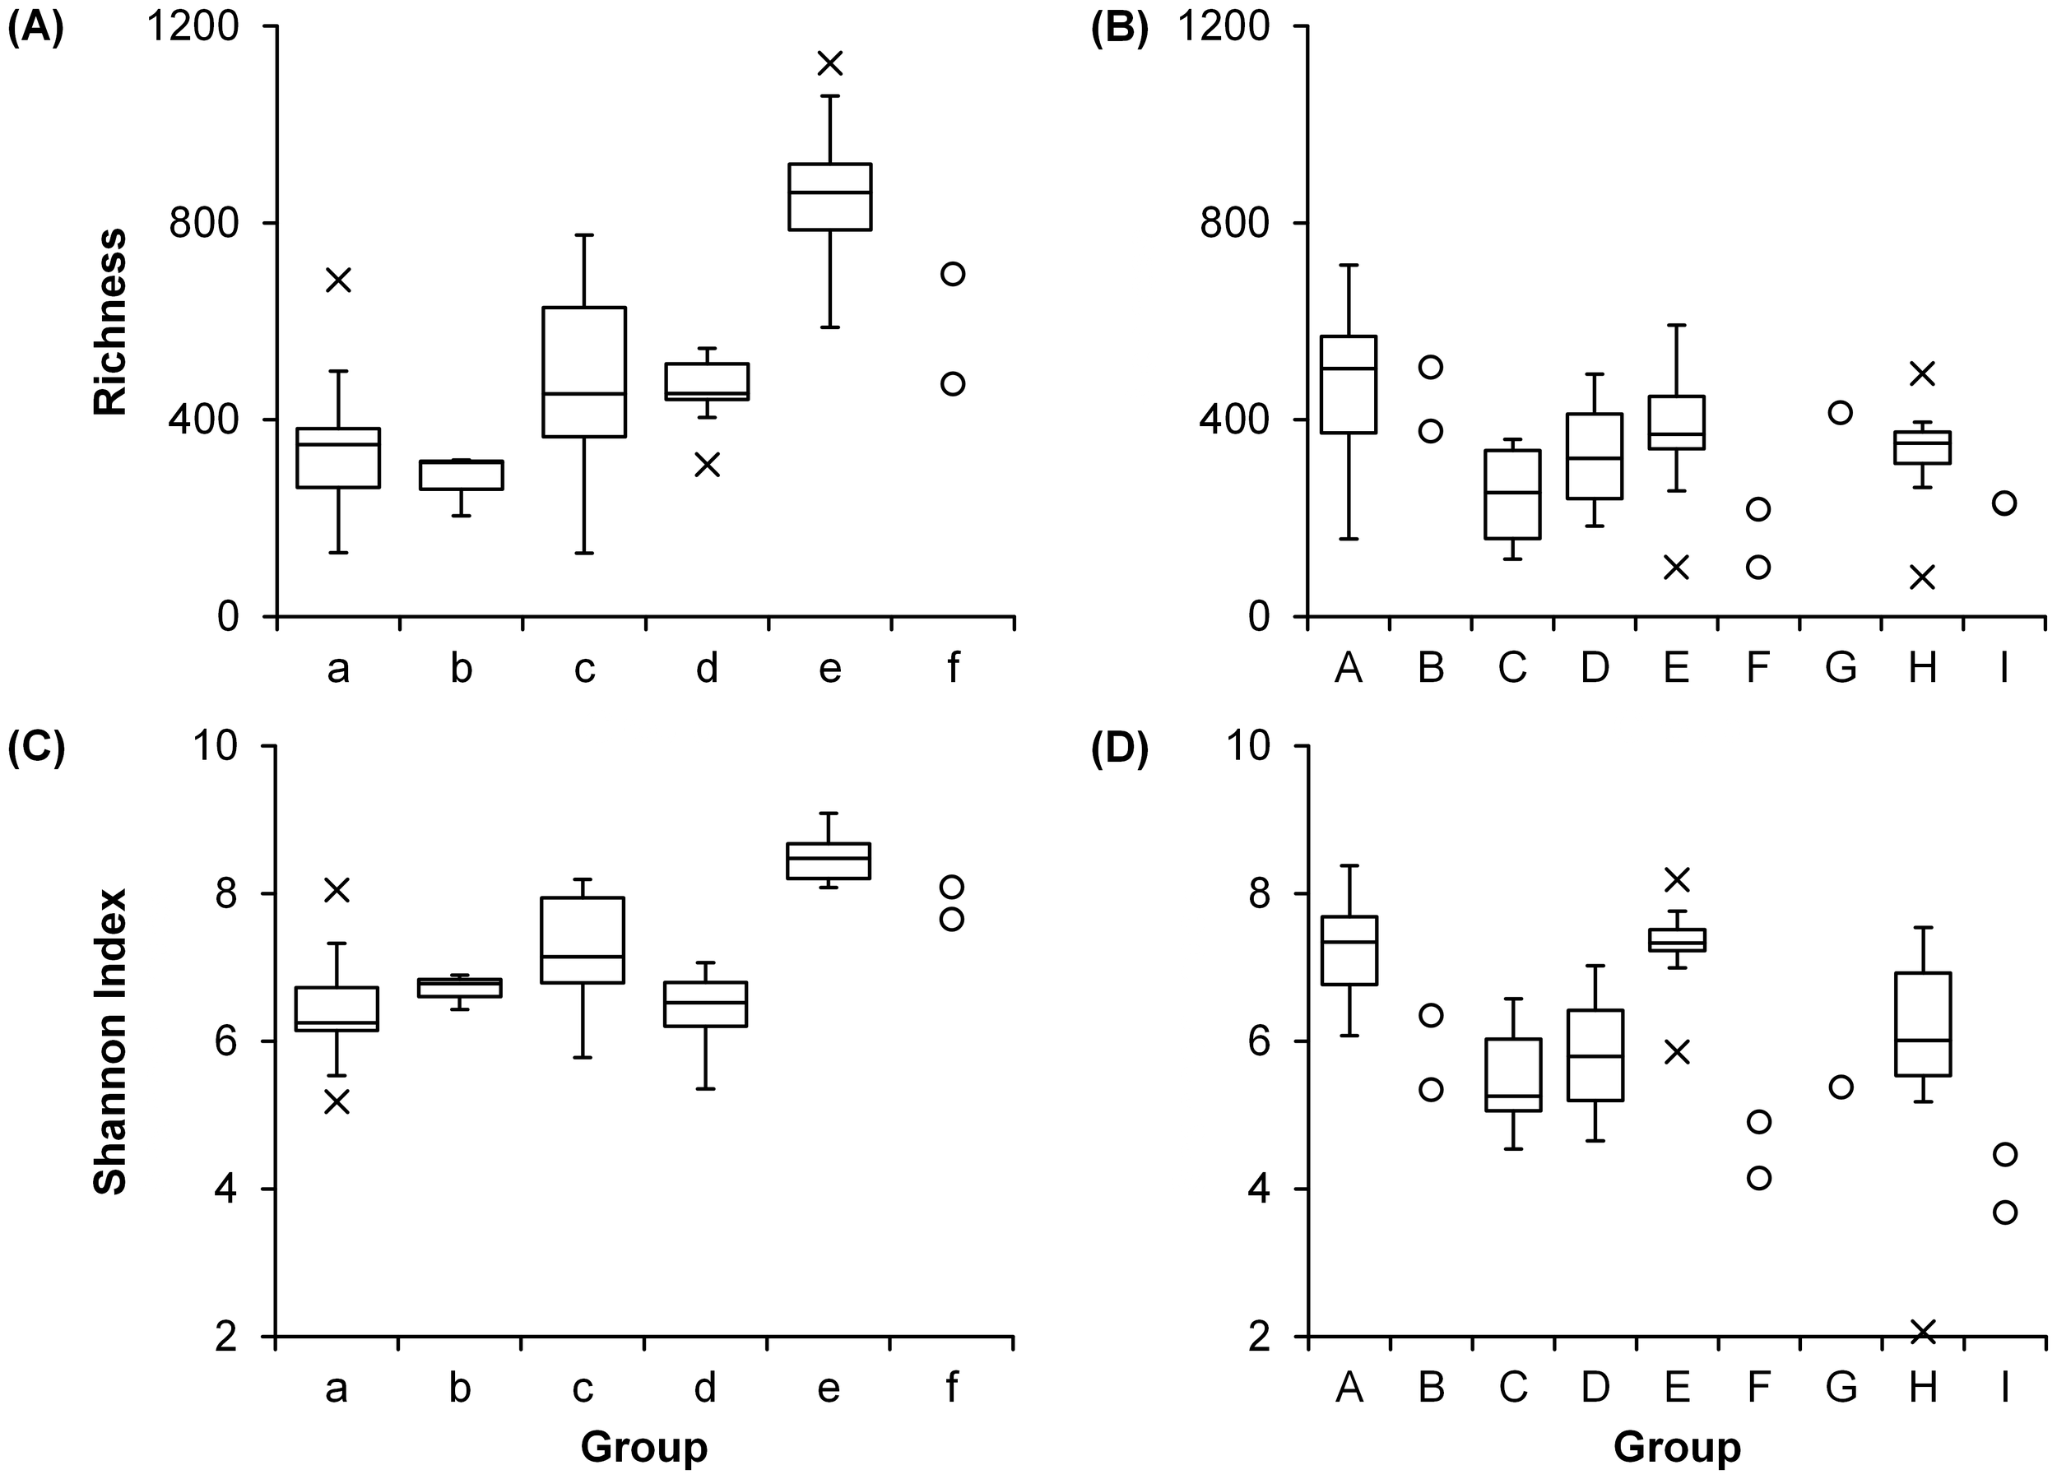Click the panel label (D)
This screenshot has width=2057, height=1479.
tap(1119, 751)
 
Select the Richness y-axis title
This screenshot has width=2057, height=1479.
tap(110, 322)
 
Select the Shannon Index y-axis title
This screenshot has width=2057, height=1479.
tap(110, 1041)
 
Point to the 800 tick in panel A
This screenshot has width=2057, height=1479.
tap(204, 223)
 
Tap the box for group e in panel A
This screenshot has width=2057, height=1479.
tap(829, 197)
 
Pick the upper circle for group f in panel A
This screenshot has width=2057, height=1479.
tap(952, 274)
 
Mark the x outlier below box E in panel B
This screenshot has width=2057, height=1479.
tap(1676, 568)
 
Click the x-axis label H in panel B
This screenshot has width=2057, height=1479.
tap(1922, 668)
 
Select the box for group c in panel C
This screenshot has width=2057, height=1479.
tap(583, 940)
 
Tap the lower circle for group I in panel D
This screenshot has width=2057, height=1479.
tap(2004, 1212)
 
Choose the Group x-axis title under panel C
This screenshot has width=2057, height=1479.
tap(644, 1446)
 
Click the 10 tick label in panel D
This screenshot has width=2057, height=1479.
tap(1248, 747)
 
